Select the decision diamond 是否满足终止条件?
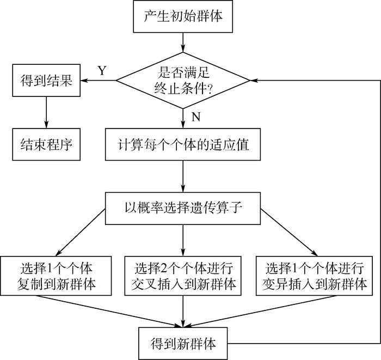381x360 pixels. click(183, 81)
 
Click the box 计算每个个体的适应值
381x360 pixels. click(183, 146)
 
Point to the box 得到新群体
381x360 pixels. click(183, 344)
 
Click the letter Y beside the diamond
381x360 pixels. click(102, 70)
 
